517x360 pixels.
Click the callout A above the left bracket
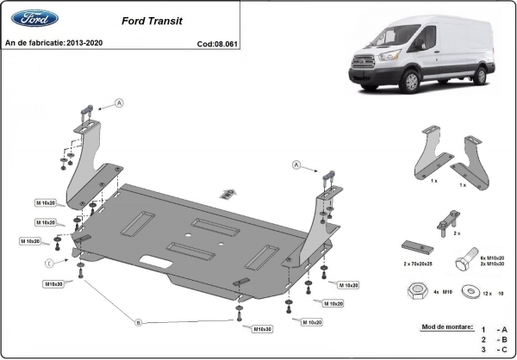pyautogui.click(x=119, y=102)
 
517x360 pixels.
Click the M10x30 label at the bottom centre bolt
pyautogui.click(x=262, y=329)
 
